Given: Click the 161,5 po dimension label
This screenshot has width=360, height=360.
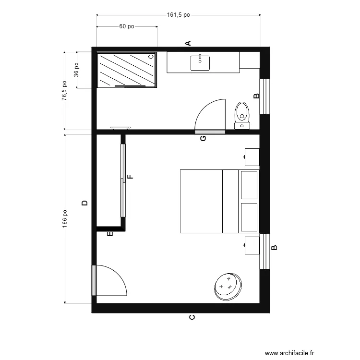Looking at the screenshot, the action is [x=179, y=15].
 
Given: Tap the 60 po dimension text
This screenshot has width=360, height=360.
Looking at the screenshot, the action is [x=127, y=26].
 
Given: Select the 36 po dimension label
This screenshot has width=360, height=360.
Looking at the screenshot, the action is [x=76, y=70].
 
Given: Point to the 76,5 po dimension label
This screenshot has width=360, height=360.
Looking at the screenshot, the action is [x=64, y=90].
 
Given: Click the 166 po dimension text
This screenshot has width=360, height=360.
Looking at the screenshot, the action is [x=65, y=219].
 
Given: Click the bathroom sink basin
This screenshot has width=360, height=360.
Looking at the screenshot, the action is [x=200, y=63].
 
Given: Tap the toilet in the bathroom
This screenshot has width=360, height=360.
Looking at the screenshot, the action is [x=242, y=116].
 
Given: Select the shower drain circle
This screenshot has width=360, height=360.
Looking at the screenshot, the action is [x=151, y=56].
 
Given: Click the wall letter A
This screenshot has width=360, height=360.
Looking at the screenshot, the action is [x=188, y=43].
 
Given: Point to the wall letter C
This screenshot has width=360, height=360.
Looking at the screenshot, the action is [x=192, y=317].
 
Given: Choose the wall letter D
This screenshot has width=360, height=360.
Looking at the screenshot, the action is [x=84, y=203].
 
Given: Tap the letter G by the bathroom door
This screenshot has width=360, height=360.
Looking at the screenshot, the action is [x=203, y=138].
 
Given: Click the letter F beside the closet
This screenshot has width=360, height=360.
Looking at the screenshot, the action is [x=130, y=177].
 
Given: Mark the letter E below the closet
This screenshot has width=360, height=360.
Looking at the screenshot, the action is [x=110, y=234].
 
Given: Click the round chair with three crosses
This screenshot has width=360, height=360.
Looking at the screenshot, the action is [x=228, y=287].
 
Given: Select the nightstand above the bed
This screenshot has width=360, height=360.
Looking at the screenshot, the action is [x=252, y=157].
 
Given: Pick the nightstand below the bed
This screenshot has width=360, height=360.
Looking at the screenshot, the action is [x=252, y=245].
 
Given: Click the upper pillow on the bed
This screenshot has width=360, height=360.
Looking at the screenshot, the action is [x=249, y=185].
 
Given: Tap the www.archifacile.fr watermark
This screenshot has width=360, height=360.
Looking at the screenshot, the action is [x=289, y=353].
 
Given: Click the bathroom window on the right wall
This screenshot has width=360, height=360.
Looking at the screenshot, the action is [x=264, y=96].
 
